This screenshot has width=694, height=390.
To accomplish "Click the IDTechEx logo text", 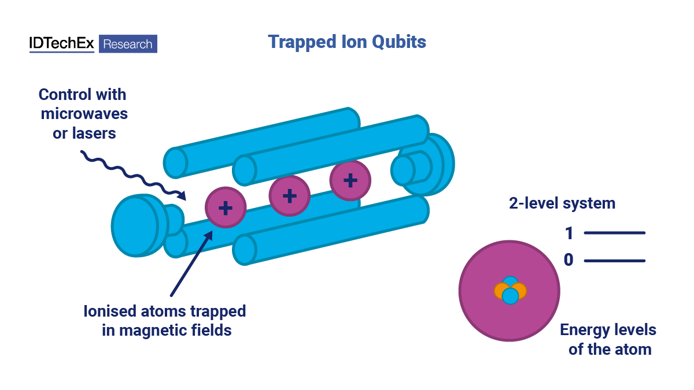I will [61, 44].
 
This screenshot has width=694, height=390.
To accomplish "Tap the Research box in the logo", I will [128, 44].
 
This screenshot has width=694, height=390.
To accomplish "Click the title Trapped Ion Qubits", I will [347, 42].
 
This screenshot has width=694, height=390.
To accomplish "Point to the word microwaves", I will [84, 113].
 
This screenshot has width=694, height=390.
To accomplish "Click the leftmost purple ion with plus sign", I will [226, 207].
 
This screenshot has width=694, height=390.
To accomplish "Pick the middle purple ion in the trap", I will [289, 196].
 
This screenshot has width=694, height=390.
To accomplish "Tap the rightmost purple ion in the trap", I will [350, 180].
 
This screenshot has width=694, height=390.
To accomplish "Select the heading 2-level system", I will [562, 203].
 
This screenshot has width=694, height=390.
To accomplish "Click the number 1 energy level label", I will [569, 233].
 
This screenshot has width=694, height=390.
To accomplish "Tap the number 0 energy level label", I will [569, 261].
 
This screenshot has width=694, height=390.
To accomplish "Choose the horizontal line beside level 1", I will [614, 233].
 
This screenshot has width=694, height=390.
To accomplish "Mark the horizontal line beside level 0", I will [614, 261].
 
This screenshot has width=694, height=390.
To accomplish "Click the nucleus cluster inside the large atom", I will [510, 291].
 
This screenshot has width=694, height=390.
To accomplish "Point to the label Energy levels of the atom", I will [608, 340].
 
